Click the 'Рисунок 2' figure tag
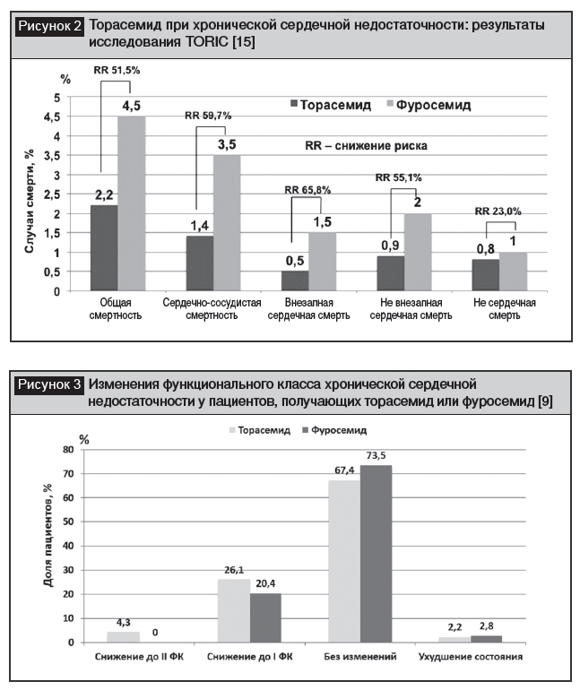[51, 26]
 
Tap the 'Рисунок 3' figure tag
[51, 386]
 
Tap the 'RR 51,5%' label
[116, 70]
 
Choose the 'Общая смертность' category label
[117, 309]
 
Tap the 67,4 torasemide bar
[343, 561]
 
